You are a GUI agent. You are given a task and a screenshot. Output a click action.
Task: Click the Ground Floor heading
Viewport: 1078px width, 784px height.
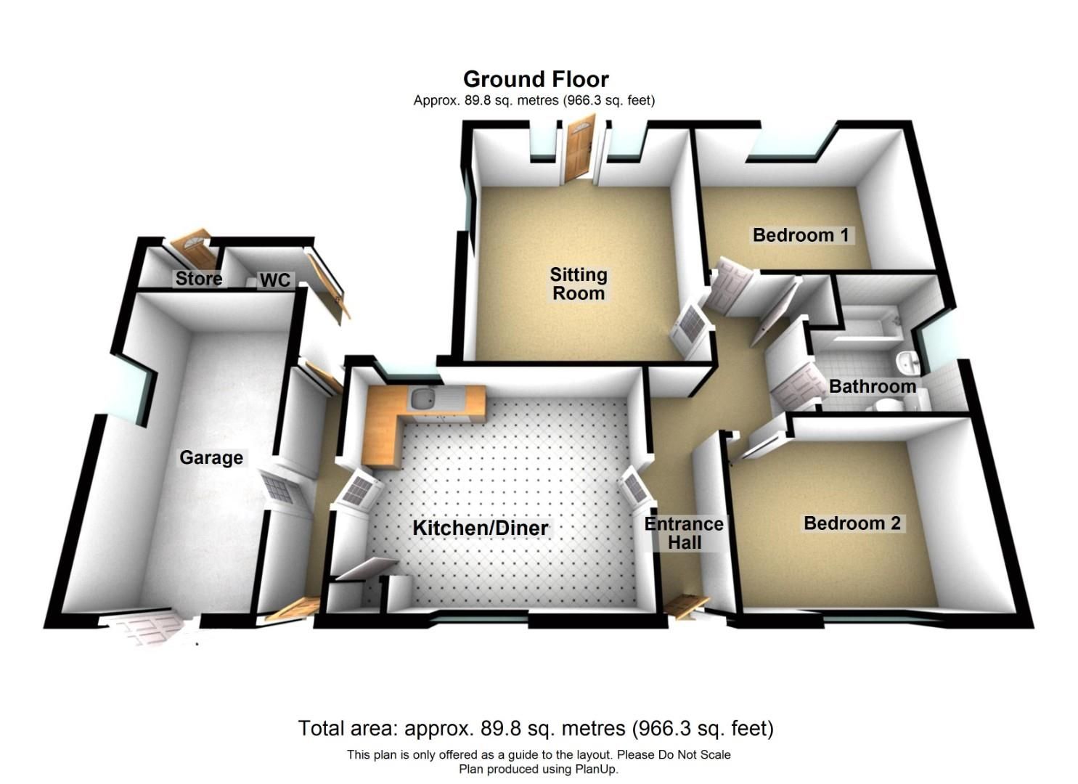point(536,79)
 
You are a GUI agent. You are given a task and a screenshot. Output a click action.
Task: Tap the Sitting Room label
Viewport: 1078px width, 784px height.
point(578,284)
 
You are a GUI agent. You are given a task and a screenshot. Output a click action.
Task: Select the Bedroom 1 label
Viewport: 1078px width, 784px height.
point(800,235)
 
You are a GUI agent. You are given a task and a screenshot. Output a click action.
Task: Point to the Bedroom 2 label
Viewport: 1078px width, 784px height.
point(852,523)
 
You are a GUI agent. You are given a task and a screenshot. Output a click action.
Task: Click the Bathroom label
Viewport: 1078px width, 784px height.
point(872,386)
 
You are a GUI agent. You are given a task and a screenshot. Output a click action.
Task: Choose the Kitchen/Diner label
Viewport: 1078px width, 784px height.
point(480,528)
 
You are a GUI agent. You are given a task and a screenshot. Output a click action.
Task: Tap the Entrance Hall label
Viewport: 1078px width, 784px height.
point(684,533)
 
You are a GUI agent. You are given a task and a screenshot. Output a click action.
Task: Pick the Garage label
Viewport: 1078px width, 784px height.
point(211,457)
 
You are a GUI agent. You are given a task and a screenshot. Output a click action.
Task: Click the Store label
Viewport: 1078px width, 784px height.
point(198,279)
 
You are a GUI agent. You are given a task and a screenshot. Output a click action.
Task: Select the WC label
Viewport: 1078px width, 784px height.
point(274,280)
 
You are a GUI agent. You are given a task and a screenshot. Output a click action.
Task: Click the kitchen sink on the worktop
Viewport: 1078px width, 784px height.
point(421,398)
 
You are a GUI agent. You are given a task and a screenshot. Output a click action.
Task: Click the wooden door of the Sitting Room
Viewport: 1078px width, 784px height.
point(579,152)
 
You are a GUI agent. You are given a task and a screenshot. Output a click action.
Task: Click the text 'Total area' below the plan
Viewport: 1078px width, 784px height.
point(340,728)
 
